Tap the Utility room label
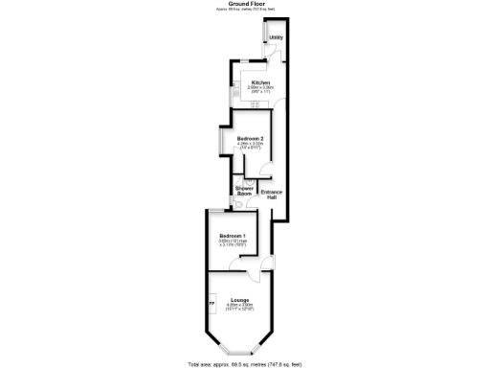[276, 38]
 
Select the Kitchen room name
[260, 82]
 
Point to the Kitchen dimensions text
[260, 90]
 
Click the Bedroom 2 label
[251, 139]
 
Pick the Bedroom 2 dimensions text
[251, 147]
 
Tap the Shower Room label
[244, 192]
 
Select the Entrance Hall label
[272, 195]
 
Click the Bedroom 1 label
[232, 236]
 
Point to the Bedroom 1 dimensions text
[232, 243]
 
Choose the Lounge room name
[239, 300]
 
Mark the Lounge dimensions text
[239, 308]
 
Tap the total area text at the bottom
[245, 364]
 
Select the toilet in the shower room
[238, 204]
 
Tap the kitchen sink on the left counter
[233, 92]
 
